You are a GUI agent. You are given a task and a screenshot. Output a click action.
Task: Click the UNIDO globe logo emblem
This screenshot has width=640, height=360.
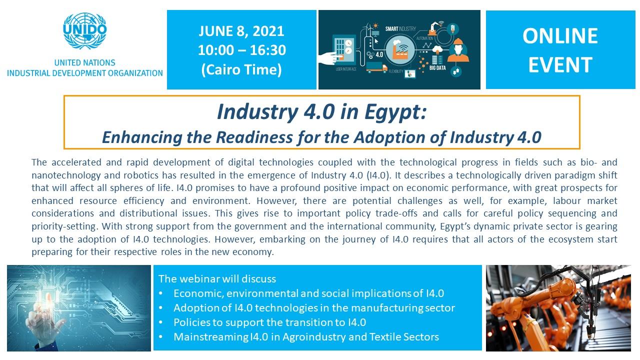pos(85,30)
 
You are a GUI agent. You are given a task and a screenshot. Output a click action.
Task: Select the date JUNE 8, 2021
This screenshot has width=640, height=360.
pos(241,31)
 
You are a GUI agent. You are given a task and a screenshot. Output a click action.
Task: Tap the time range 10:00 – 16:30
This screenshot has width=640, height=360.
pos(241,50)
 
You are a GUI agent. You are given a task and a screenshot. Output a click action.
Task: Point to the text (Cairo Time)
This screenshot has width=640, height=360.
pos(241,69)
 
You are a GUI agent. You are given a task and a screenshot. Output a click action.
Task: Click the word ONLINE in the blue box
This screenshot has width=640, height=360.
pos(560,36)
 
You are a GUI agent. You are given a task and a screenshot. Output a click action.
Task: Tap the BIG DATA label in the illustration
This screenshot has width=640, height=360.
pos(437,68)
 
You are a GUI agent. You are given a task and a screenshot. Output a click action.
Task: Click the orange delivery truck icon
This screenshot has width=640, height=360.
pos(377,67)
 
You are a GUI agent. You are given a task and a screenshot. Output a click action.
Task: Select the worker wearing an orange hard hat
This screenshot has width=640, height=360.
pos(458,50)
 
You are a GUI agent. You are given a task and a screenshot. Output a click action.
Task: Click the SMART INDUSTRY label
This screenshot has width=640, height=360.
pos(400,29)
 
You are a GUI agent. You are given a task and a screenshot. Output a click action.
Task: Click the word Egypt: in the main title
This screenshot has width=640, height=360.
pos(395,112)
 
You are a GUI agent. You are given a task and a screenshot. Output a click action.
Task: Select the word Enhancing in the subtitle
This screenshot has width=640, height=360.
pos(142,137)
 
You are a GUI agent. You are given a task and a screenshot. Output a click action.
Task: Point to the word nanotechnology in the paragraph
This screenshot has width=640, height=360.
pos(66,175)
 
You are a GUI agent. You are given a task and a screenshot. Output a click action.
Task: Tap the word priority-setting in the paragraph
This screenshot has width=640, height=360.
pos(64,226)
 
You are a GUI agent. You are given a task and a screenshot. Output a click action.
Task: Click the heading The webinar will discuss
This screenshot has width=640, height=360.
pos(217,278)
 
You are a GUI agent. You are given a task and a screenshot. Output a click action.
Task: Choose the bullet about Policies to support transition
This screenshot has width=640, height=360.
pos(269,322)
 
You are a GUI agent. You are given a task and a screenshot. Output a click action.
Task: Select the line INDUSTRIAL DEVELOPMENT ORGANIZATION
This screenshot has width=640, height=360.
pos(85,73)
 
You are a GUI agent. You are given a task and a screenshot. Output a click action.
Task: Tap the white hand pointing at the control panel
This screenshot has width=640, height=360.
pos(328,58)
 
